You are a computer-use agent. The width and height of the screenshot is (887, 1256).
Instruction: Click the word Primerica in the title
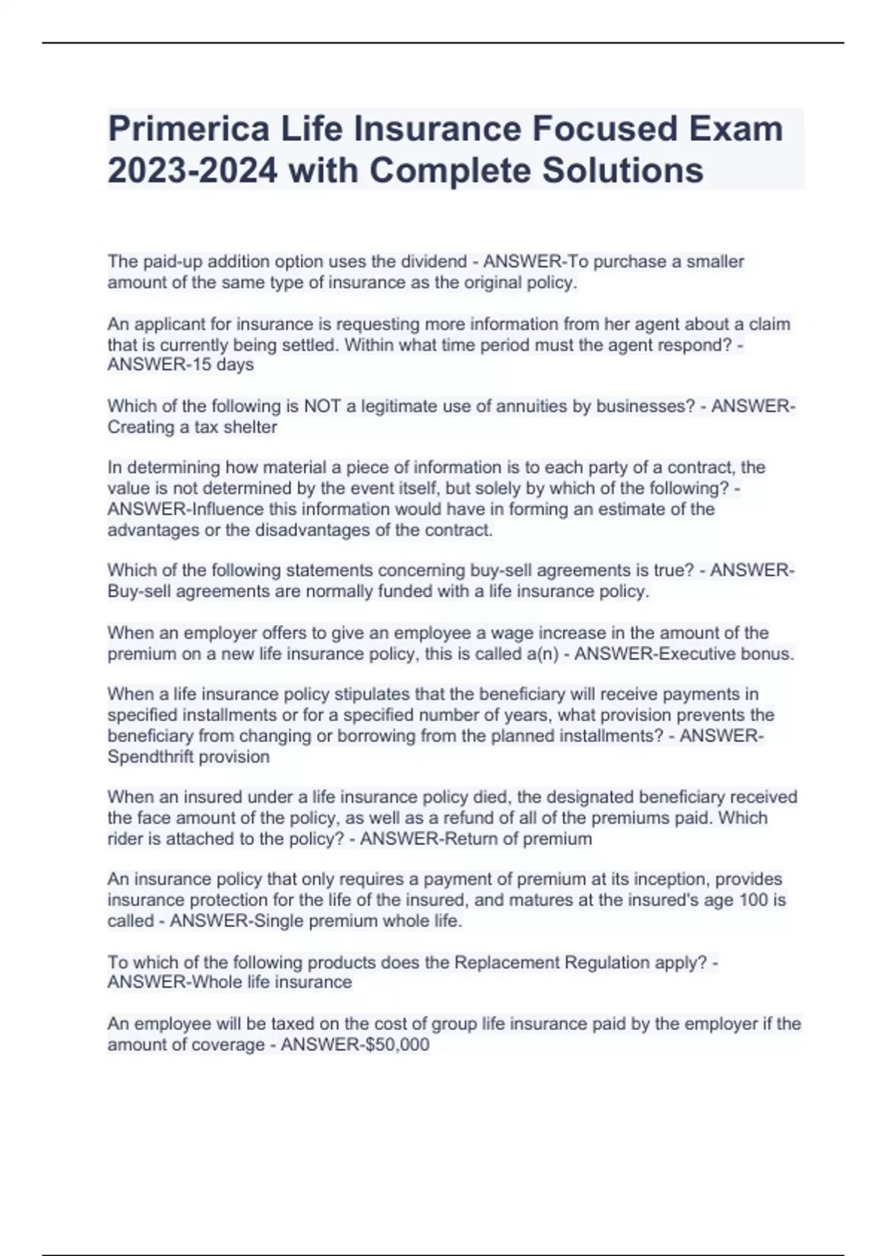[188, 129]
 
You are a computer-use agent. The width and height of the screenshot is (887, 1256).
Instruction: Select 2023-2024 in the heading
[193, 171]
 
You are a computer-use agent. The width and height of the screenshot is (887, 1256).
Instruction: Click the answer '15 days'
[222, 365]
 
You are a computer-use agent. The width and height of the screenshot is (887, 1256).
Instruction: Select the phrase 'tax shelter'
[235, 427]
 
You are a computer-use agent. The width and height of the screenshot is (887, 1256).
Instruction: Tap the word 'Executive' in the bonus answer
[701, 654]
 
